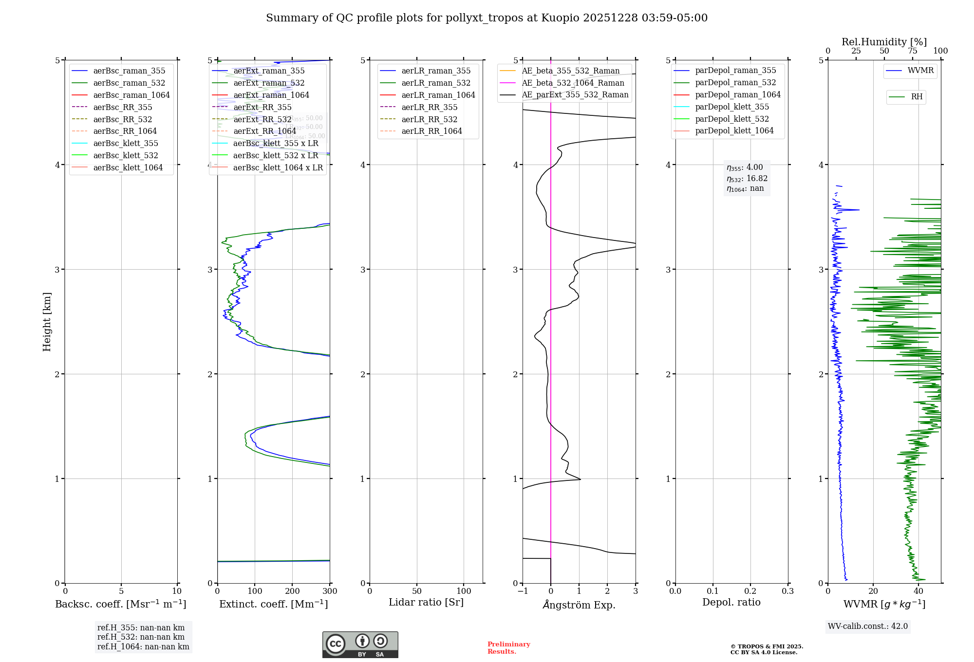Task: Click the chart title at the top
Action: (487, 18)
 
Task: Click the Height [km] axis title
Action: (47, 321)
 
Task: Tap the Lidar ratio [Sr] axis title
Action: (426, 602)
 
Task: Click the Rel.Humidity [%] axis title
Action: (884, 42)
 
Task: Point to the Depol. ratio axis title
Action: (731, 602)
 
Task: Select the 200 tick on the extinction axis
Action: (292, 591)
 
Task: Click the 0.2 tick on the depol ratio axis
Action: (750, 591)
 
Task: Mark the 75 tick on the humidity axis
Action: (913, 51)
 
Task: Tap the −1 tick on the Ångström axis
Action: (523, 591)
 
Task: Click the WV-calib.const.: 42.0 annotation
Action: (868, 626)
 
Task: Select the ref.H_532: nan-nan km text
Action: (141, 637)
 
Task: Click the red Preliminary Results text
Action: (508, 648)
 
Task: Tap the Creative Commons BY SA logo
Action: (360, 645)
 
